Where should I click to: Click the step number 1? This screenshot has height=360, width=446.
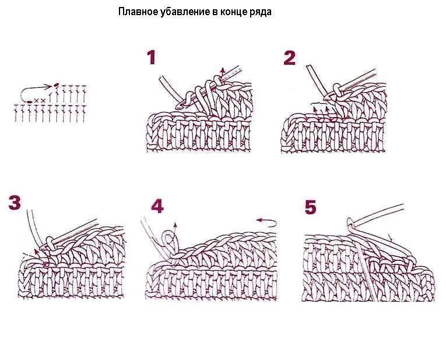tap(152, 58)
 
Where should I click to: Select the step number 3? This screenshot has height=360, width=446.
tap(15, 203)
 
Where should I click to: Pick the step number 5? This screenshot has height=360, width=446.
tap(310, 207)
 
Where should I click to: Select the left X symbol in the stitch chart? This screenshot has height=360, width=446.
tap(36, 101)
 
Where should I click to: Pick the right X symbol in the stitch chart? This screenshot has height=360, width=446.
tap(43, 101)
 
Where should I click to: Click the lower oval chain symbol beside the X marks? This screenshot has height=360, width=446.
tap(29, 101)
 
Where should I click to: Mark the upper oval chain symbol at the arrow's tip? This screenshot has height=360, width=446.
tap(56, 86)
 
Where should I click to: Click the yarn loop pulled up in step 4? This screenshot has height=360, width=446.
tap(170, 237)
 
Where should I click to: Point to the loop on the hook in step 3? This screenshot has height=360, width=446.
tap(49, 241)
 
